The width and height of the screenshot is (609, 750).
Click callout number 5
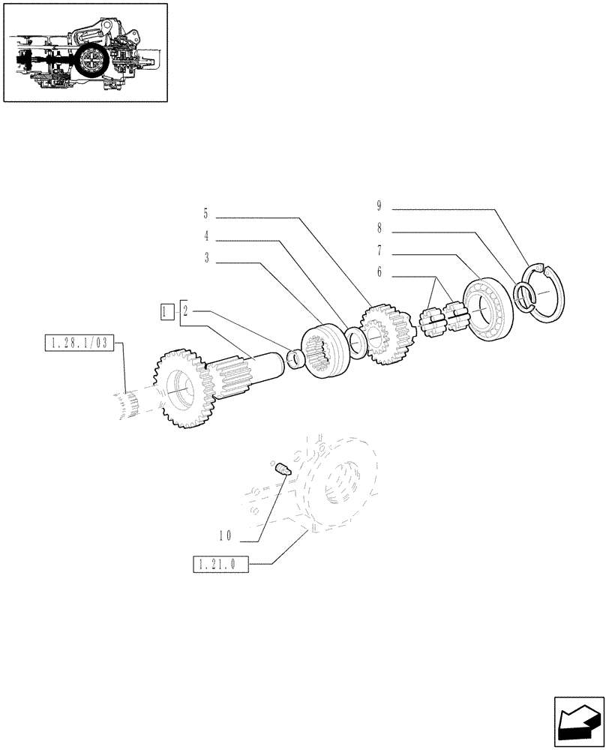(x=206, y=214)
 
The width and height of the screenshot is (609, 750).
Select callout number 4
(x=206, y=236)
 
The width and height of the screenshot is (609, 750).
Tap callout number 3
(x=206, y=258)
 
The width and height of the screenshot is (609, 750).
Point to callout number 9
(x=380, y=205)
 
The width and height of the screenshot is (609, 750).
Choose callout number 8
(x=380, y=226)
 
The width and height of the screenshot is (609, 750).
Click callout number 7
(x=380, y=250)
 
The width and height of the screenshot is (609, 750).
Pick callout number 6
(x=380, y=273)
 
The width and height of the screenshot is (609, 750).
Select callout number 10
(x=226, y=536)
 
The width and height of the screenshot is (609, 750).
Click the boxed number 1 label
(x=166, y=310)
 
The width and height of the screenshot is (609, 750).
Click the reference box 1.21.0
(x=218, y=564)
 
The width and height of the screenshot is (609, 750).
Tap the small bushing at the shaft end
(x=295, y=358)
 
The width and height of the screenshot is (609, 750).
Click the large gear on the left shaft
(x=180, y=390)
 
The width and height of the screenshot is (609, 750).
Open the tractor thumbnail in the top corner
(x=85, y=52)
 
